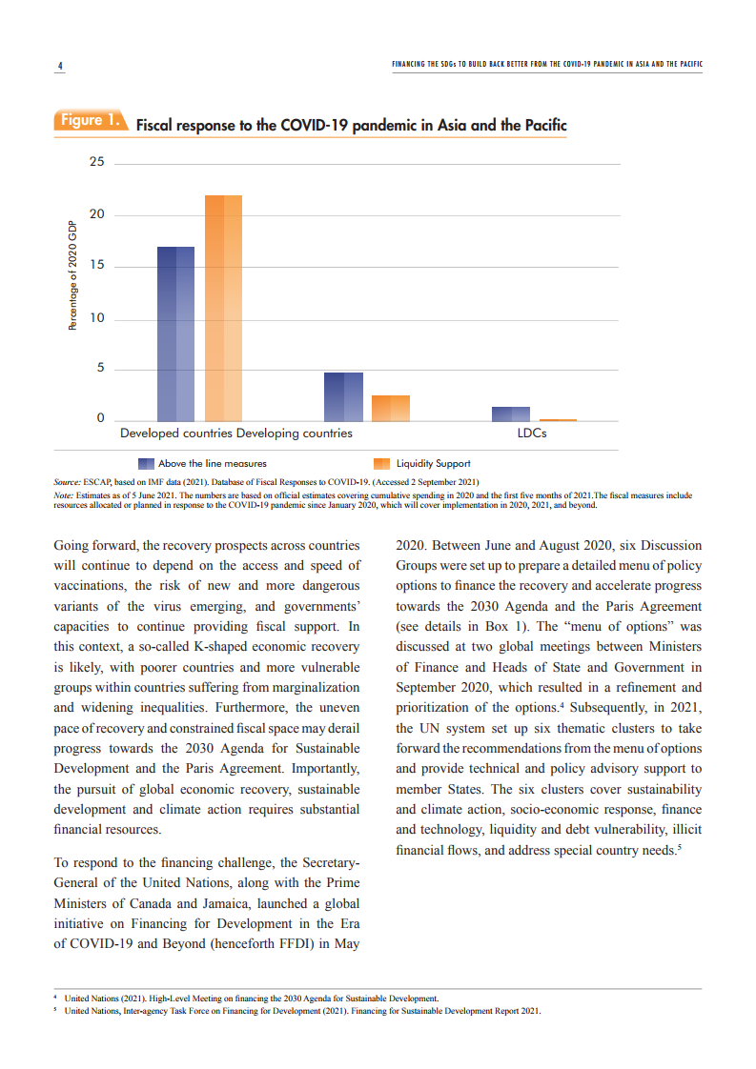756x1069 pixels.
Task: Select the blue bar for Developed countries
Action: click(x=175, y=333)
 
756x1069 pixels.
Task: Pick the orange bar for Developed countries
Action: click(x=223, y=308)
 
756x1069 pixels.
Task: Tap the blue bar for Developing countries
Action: click(x=343, y=396)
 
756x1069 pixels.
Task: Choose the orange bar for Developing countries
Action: click(x=391, y=408)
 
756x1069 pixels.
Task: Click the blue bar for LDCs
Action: click(x=510, y=413)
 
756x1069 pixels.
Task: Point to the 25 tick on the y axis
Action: click(x=97, y=162)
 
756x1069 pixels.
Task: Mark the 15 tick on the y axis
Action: click(x=97, y=266)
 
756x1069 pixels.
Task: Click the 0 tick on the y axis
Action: click(x=99, y=419)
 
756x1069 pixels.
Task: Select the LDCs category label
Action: click(x=531, y=434)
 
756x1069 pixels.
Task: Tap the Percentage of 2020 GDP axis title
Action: click(x=72, y=275)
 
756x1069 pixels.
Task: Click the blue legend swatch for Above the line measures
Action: click(x=146, y=463)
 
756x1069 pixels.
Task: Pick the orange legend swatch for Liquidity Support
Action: click(x=382, y=463)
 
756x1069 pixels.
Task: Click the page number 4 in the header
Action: click(x=59, y=66)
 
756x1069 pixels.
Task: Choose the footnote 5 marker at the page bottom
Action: click(x=54, y=1011)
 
